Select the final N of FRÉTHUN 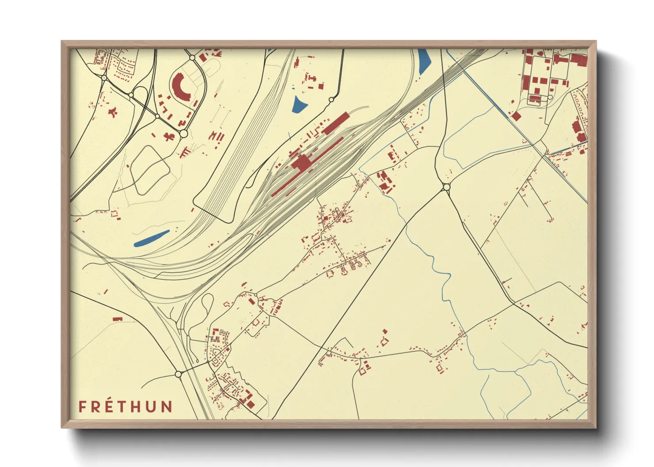167,407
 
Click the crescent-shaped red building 180,87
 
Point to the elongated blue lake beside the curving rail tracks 151,238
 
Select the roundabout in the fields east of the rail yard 446,187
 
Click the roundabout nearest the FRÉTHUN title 179,374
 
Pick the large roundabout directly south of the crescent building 183,133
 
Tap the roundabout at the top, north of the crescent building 192,57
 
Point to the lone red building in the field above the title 117,318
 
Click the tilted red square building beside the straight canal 515,116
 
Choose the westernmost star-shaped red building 113,112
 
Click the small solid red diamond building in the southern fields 385,331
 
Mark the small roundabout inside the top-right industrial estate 551,97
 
